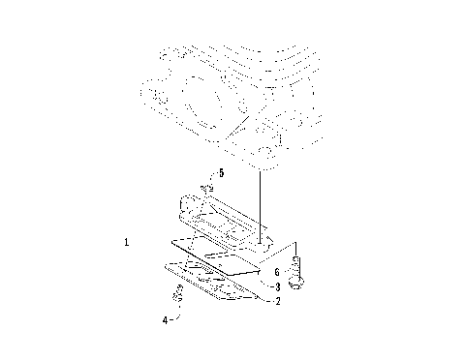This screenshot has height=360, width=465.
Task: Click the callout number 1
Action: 128,241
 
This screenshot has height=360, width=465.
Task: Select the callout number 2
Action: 277,302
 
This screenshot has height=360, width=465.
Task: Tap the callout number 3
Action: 277,287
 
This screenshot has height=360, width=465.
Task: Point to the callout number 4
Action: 165,318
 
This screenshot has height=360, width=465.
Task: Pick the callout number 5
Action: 221,173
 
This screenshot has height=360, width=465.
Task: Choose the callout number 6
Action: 276,273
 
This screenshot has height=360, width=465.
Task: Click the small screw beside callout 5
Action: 206,188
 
